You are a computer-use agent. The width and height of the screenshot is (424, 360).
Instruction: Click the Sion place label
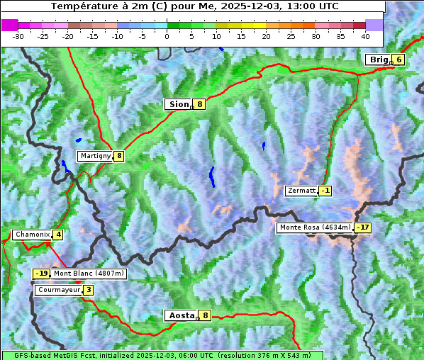(x=178, y=104)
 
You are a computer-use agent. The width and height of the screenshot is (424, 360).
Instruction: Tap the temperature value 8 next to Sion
(x=200, y=104)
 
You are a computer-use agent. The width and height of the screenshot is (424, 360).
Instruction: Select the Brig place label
(x=379, y=60)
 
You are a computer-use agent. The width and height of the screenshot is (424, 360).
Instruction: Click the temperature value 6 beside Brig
(x=399, y=60)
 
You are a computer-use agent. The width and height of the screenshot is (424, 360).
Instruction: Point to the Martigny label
(x=95, y=156)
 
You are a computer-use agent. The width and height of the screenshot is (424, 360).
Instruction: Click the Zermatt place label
(x=301, y=191)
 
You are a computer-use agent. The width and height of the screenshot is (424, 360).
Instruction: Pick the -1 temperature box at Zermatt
(x=325, y=191)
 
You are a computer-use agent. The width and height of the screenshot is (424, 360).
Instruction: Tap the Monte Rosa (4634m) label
(x=315, y=227)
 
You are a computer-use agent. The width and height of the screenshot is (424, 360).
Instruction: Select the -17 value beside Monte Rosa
(x=362, y=227)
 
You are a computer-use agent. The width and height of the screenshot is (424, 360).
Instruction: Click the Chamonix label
(x=31, y=235)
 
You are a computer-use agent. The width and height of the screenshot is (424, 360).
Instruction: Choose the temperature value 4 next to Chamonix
(x=58, y=235)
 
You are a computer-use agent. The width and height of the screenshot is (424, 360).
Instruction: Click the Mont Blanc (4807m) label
(x=89, y=274)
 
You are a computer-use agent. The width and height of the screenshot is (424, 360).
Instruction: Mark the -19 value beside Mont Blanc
(x=42, y=274)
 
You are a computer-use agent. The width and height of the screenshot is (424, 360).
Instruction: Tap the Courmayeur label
(x=58, y=290)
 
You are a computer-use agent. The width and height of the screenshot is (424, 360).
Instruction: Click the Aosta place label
(x=180, y=315)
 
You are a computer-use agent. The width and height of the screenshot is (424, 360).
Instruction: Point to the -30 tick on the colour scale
(x=18, y=35)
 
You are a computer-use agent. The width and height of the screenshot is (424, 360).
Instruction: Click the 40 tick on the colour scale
(x=365, y=35)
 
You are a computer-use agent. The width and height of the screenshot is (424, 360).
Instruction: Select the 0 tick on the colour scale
(x=167, y=35)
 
